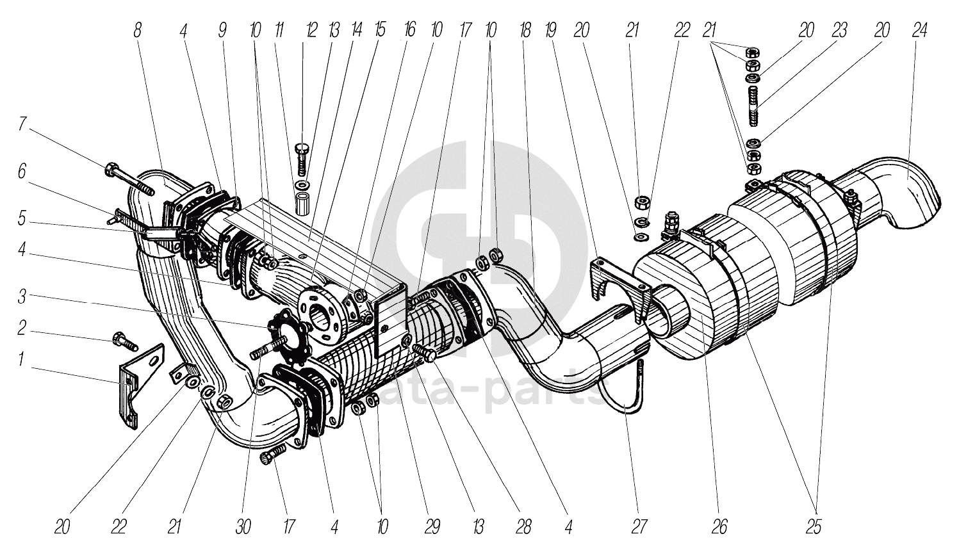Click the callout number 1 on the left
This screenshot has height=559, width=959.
(x=20, y=361)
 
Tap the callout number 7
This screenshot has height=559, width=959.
(x=22, y=123)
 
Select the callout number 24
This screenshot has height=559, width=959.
(x=920, y=29)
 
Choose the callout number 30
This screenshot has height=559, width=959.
(x=243, y=526)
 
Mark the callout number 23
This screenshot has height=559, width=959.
(x=840, y=29)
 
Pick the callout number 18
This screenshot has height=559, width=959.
(x=525, y=29)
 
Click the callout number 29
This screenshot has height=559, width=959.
(x=432, y=526)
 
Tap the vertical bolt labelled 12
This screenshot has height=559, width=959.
(x=303, y=160)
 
